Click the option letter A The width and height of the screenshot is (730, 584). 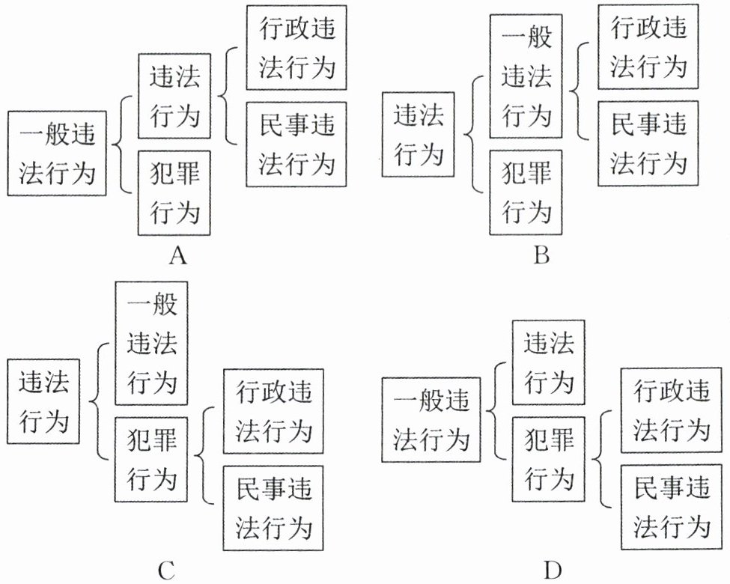177,257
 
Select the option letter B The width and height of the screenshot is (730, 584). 541,257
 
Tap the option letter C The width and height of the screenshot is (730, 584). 166,571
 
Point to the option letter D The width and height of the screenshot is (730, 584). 553,571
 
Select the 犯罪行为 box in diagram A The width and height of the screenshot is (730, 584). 174,193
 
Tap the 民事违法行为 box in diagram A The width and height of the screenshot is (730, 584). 296,143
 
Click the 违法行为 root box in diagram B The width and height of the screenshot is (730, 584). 419,136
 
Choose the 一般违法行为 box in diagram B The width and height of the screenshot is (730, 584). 526,76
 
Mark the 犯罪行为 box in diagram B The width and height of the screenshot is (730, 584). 526,193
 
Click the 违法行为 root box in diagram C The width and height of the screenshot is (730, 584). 43,401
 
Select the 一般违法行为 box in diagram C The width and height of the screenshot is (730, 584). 151,344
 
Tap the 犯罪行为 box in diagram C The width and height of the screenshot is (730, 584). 151,459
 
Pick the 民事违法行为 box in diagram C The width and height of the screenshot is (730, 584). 273,508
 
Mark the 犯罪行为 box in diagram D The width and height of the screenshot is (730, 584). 549,459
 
